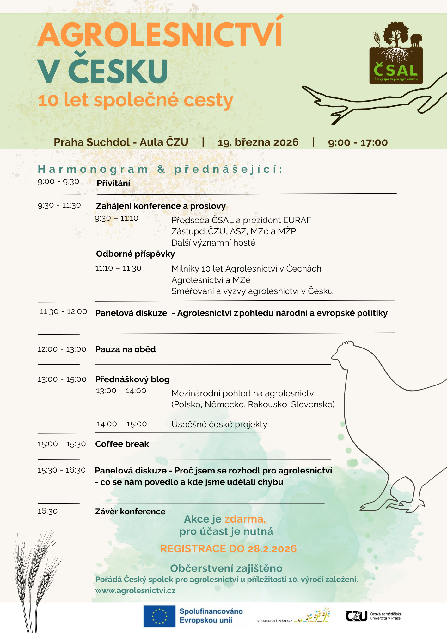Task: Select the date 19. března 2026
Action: (258, 142)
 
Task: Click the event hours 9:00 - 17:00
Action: (358, 143)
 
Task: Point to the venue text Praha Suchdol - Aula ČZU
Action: (121, 142)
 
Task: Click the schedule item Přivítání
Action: (113, 183)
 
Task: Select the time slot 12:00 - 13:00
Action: (62, 349)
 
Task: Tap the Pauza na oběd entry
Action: (126, 349)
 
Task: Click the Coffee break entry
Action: (122, 444)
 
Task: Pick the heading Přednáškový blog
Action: (132, 379)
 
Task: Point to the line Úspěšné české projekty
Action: (219, 424)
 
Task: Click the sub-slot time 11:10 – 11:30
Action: (118, 268)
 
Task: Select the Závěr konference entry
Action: (130, 511)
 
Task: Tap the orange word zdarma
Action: (245, 519)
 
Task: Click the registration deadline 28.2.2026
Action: (272, 549)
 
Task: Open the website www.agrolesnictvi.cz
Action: (135, 591)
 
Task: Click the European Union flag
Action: (159, 616)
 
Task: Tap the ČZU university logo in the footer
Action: (373, 616)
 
